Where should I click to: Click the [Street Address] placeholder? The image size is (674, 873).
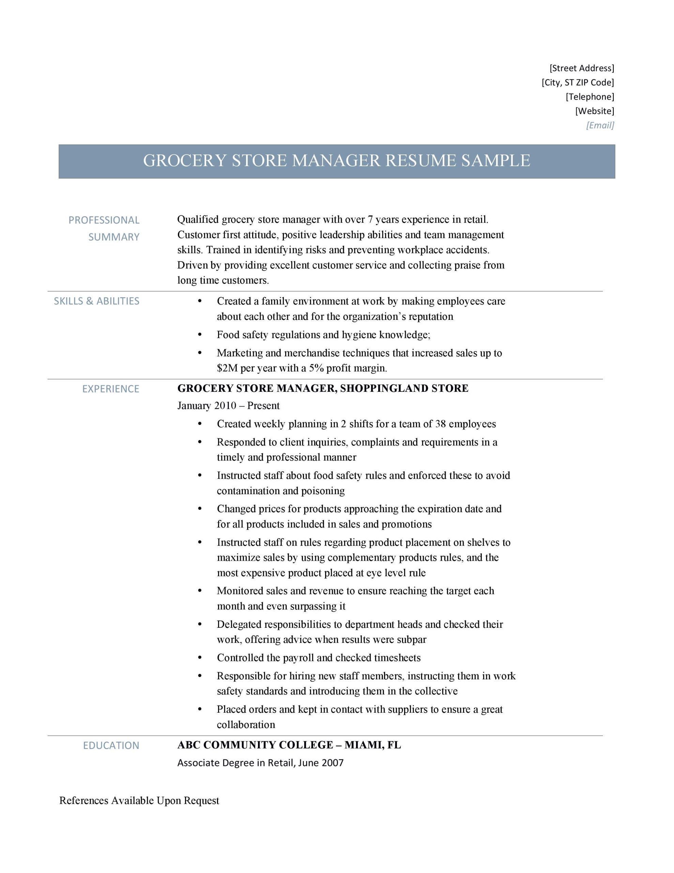(x=582, y=68)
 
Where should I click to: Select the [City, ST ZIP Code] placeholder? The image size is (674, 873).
(x=578, y=82)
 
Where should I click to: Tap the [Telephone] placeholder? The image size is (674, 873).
(x=590, y=97)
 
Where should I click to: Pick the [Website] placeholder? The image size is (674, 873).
(x=595, y=111)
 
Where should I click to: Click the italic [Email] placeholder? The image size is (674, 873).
(x=600, y=125)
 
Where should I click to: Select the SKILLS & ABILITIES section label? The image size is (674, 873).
(x=96, y=301)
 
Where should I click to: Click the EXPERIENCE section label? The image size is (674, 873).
(x=111, y=389)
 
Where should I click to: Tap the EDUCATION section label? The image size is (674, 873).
(x=111, y=745)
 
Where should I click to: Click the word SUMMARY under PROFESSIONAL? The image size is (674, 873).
(x=114, y=237)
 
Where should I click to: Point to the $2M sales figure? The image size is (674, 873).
(x=227, y=368)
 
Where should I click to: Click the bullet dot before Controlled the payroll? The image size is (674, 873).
(x=200, y=657)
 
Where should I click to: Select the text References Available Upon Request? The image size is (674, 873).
(x=139, y=801)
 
